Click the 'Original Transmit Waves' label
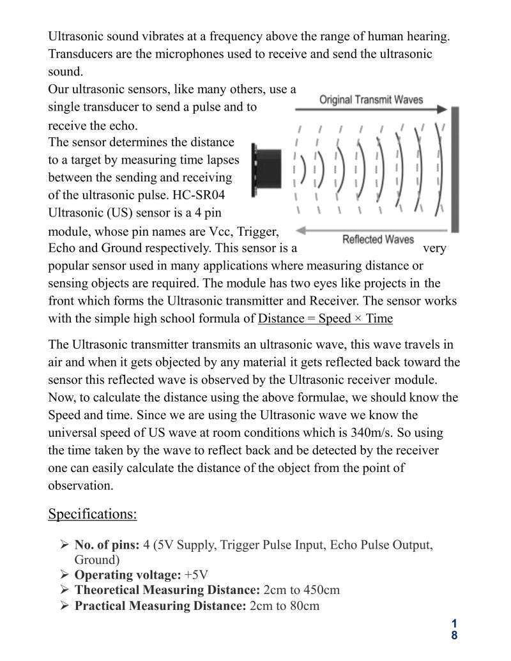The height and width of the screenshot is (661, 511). (x=370, y=100)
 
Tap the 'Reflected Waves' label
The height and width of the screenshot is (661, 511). (x=378, y=239)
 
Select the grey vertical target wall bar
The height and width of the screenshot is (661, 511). (x=455, y=169)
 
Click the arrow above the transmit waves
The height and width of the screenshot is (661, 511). (x=370, y=110)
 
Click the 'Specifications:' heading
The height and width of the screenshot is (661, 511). (x=92, y=513)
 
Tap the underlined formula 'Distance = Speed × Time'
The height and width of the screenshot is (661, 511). (x=325, y=319)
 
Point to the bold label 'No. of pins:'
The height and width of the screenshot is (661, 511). (x=107, y=545)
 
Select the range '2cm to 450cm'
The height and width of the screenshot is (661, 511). (x=301, y=589)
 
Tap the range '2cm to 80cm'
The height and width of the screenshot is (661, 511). (x=284, y=605)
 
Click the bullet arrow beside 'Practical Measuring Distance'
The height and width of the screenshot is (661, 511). (x=65, y=605)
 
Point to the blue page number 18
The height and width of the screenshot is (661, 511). (x=454, y=628)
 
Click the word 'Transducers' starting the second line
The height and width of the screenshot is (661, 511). (x=80, y=54)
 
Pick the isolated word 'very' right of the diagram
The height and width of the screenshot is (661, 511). (x=435, y=248)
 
